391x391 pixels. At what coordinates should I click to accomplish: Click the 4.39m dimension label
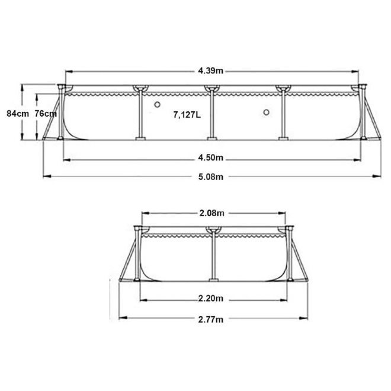[211, 72]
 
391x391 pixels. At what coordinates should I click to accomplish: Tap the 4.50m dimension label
[211, 158]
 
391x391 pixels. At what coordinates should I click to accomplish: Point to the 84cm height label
[12, 113]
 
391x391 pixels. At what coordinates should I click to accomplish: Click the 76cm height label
[45, 113]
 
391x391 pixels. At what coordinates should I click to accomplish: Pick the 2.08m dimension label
[211, 212]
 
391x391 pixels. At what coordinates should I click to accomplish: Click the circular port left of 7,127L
[158, 104]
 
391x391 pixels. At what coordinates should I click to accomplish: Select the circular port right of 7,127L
[266, 113]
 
